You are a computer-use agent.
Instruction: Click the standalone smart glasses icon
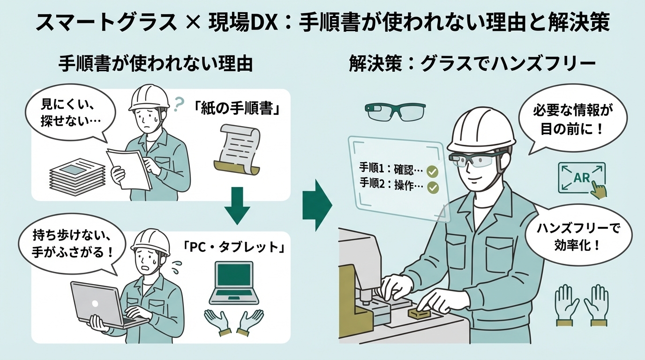395,111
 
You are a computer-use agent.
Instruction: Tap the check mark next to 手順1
432,171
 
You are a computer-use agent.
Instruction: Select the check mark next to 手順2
432,188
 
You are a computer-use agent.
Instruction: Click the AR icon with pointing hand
582,179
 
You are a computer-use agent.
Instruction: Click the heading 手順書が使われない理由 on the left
155,64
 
